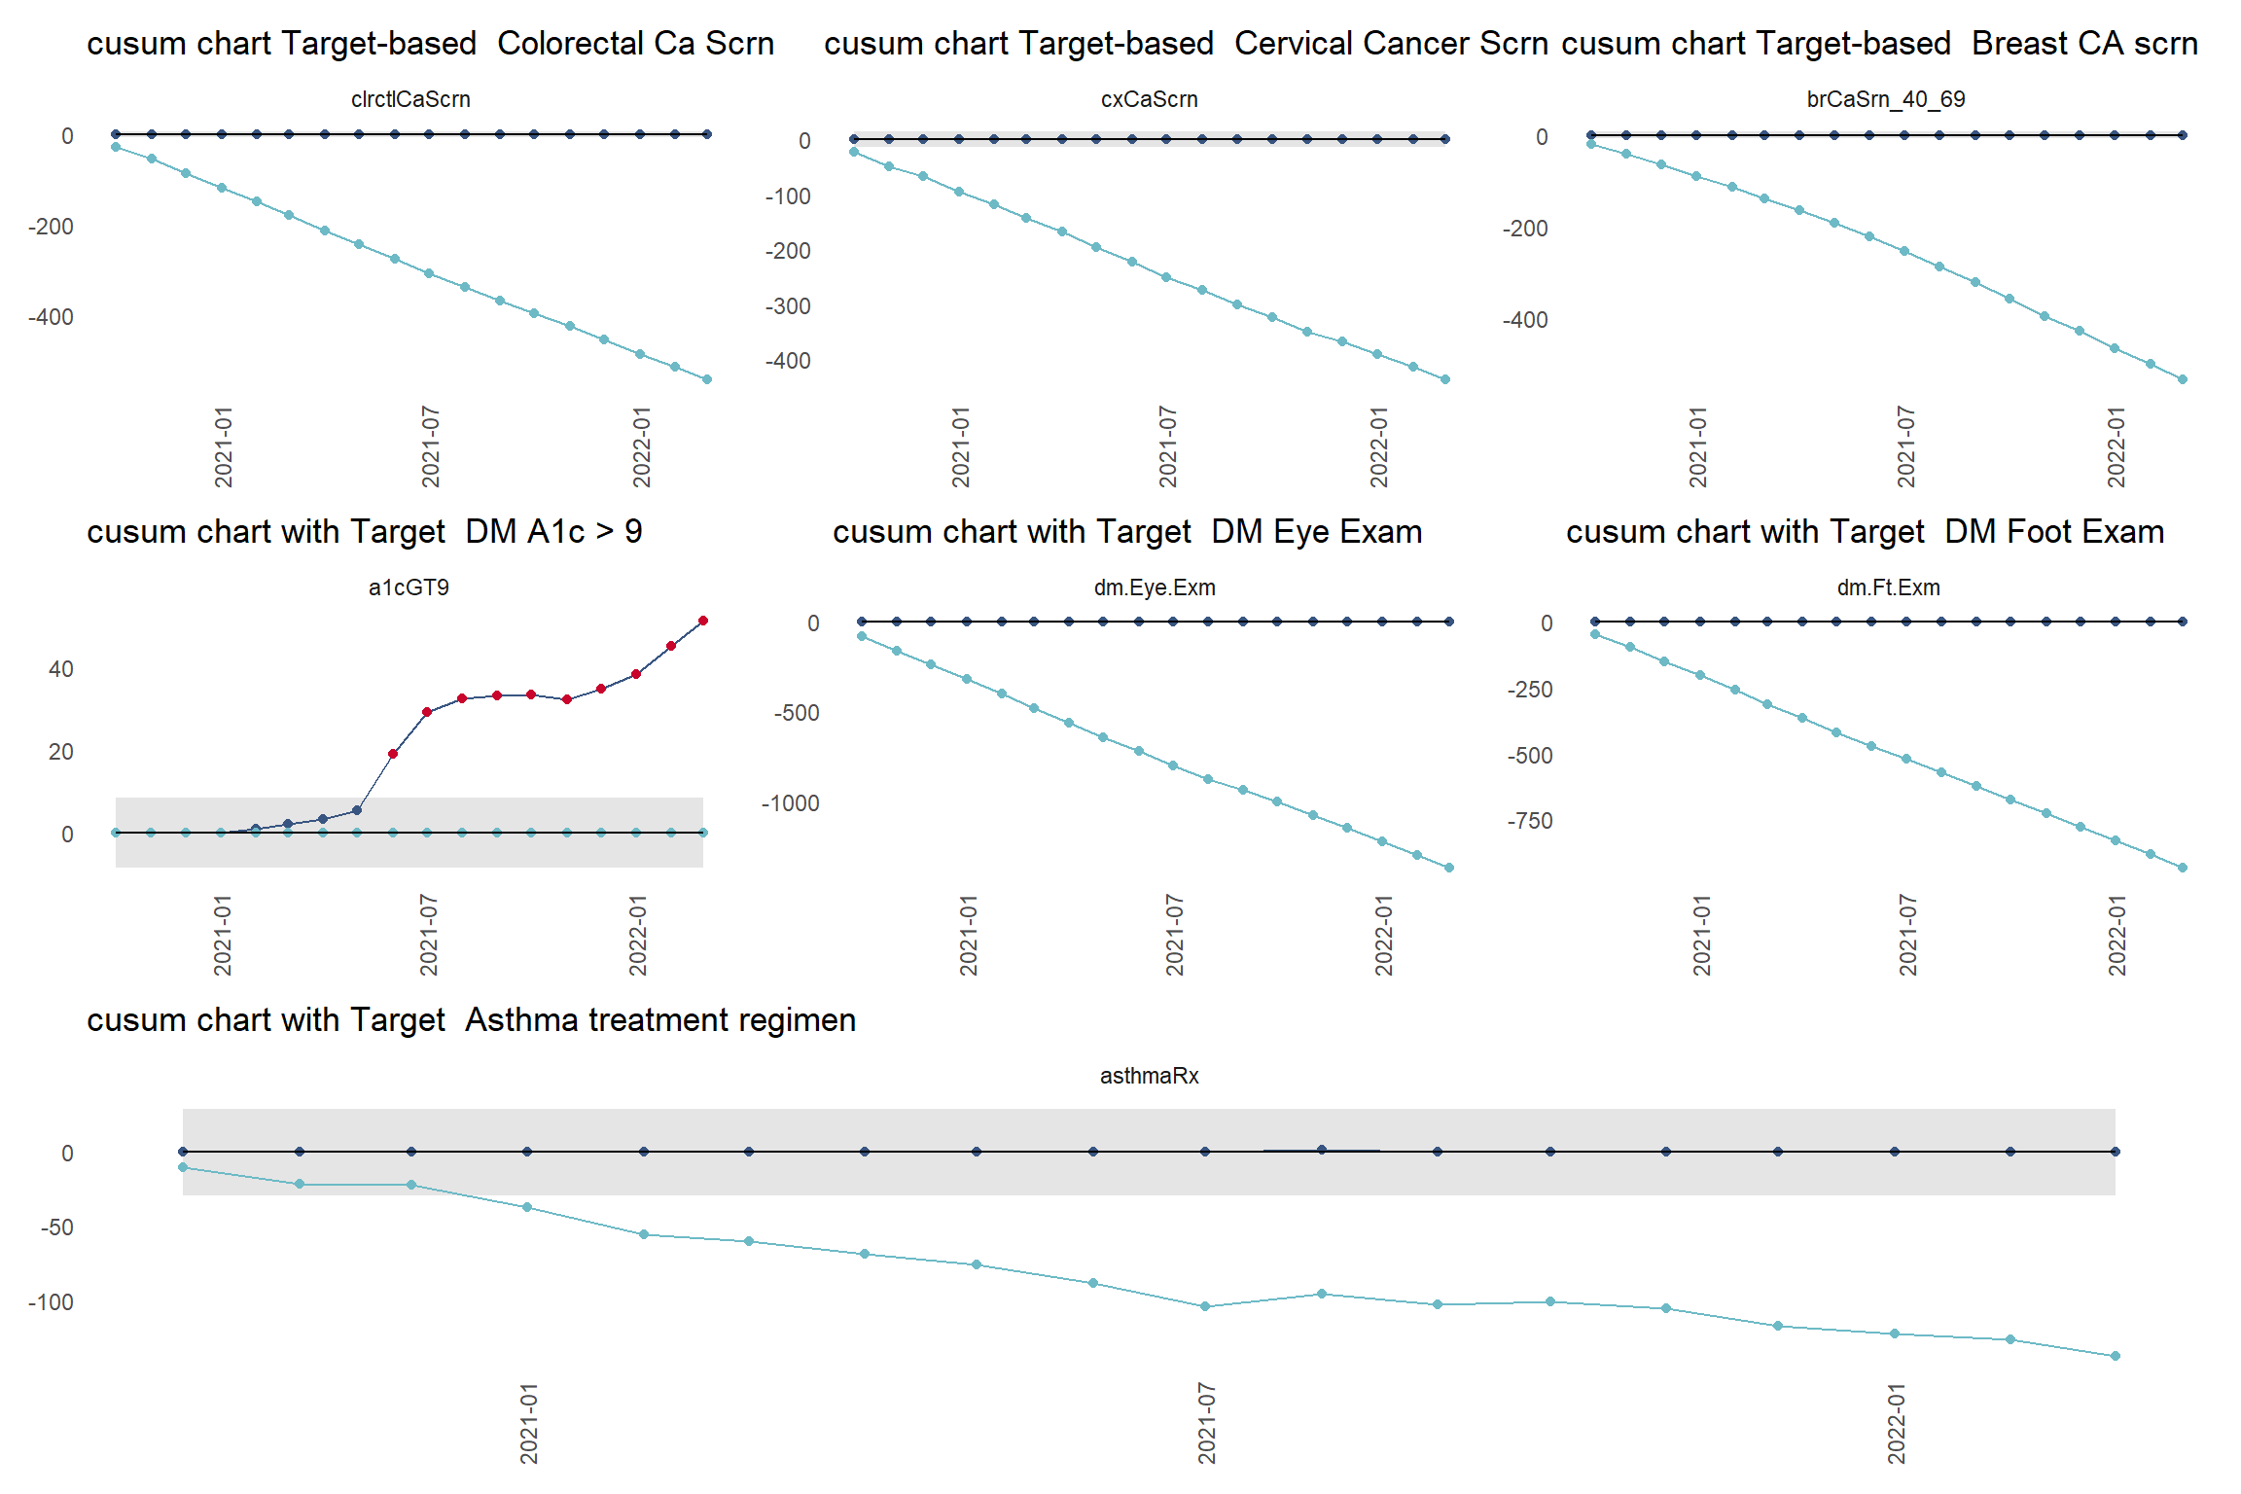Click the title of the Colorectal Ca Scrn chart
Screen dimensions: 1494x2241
pyautogui.click(x=430, y=44)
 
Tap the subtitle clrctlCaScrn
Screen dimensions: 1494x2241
pyautogui.click(x=410, y=99)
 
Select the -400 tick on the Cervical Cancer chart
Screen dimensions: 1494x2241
pyautogui.click(x=787, y=361)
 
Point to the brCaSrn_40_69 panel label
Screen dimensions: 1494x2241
pyautogui.click(x=1885, y=99)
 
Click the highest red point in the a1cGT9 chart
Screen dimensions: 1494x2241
pyautogui.click(x=703, y=621)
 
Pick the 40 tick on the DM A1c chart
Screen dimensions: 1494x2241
pyautogui.click(x=61, y=669)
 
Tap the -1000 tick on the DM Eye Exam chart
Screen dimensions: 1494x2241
pyautogui.click(x=790, y=803)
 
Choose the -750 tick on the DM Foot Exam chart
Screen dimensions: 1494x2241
pyautogui.click(x=1529, y=821)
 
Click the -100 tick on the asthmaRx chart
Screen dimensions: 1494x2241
pyautogui.click(x=51, y=1302)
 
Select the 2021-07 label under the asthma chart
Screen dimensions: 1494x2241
pyautogui.click(x=1207, y=1422)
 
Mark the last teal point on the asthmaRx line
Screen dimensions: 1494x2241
pyautogui.click(x=2116, y=1356)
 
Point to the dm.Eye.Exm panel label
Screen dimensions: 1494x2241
pyautogui.click(x=1155, y=587)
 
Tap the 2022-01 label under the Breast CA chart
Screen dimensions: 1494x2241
pyautogui.click(x=2116, y=447)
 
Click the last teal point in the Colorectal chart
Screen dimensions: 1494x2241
pyautogui.click(x=707, y=379)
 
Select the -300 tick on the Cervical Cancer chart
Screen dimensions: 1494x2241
pyautogui.click(x=787, y=306)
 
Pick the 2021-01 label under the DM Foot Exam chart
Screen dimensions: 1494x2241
pyautogui.click(x=1701, y=936)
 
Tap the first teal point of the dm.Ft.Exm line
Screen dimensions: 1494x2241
pyautogui.click(x=1595, y=634)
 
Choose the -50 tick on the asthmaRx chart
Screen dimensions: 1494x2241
pyautogui.click(x=56, y=1227)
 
